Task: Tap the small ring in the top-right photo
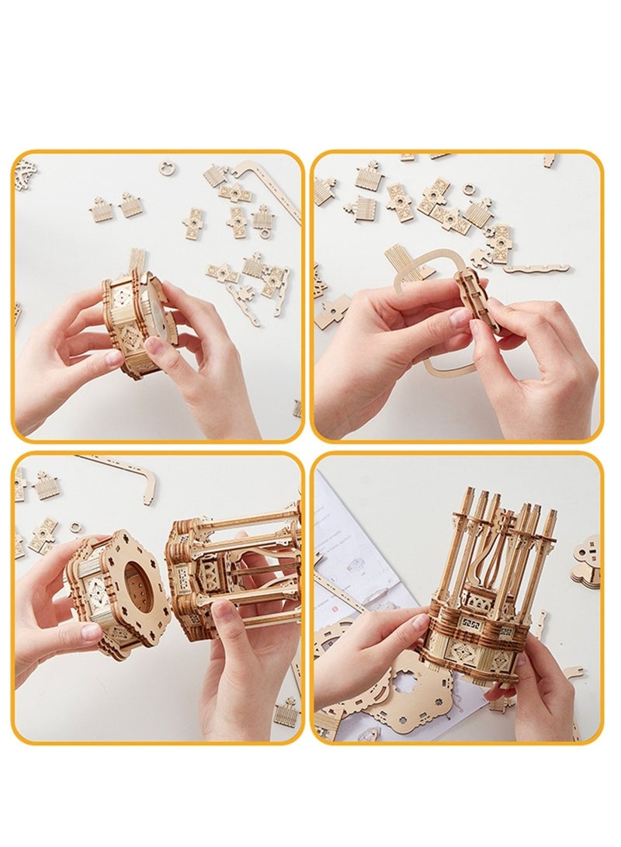pos(469,189)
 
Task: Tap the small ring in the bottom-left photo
pos(76,527)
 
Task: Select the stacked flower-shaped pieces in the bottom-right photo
pos(587,559)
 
